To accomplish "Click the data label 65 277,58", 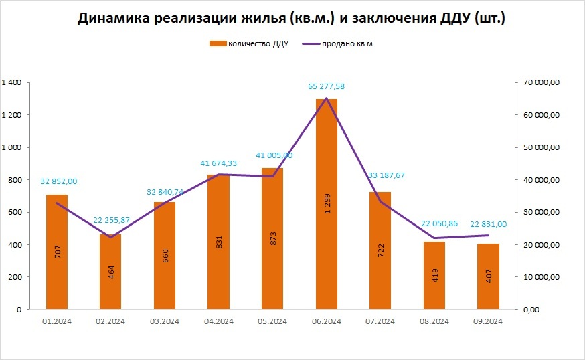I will (326, 86).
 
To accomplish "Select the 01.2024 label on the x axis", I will (57, 321).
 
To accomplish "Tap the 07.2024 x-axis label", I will (380, 321).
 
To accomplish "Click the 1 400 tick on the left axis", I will (12, 82).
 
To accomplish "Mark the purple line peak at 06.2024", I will (326, 98).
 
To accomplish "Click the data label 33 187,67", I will (382, 175).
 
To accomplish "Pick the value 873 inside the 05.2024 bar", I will (272, 240).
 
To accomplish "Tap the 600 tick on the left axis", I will (15, 212).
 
